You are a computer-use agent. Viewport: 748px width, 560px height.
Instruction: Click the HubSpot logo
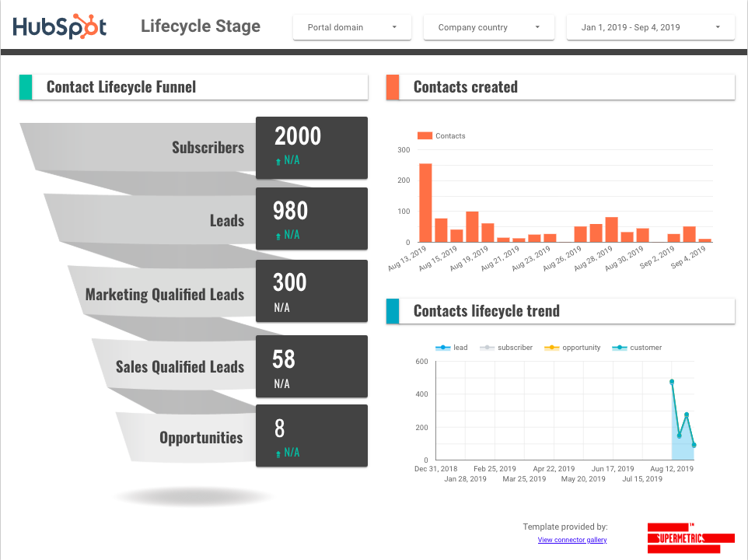[60, 27]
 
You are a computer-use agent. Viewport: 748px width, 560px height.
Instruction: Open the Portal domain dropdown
[351, 27]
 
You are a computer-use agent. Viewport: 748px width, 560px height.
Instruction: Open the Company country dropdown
[488, 27]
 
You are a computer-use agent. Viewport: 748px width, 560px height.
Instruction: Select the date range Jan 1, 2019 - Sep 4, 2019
[650, 27]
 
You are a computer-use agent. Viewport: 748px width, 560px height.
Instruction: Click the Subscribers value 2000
[298, 136]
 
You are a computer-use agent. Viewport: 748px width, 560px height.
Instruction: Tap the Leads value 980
[290, 211]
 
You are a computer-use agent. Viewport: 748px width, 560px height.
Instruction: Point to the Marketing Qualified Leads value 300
[289, 282]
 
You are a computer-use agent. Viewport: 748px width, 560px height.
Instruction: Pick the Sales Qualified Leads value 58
[284, 359]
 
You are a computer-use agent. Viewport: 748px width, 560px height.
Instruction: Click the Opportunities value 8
[280, 429]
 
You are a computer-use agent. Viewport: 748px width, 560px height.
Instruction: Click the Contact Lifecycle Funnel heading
[121, 87]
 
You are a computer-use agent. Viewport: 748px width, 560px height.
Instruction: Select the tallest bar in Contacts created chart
[425, 202]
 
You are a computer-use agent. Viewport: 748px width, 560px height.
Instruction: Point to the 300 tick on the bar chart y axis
[404, 150]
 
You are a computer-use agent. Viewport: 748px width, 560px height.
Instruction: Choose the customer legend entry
[639, 348]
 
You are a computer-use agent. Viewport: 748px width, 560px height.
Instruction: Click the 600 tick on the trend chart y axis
[421, 362]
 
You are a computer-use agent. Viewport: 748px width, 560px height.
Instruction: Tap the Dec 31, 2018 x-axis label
[435, 469]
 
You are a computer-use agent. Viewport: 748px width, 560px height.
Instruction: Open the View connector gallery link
[572, 540]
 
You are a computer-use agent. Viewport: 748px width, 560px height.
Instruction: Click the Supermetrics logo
[690, 537]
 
